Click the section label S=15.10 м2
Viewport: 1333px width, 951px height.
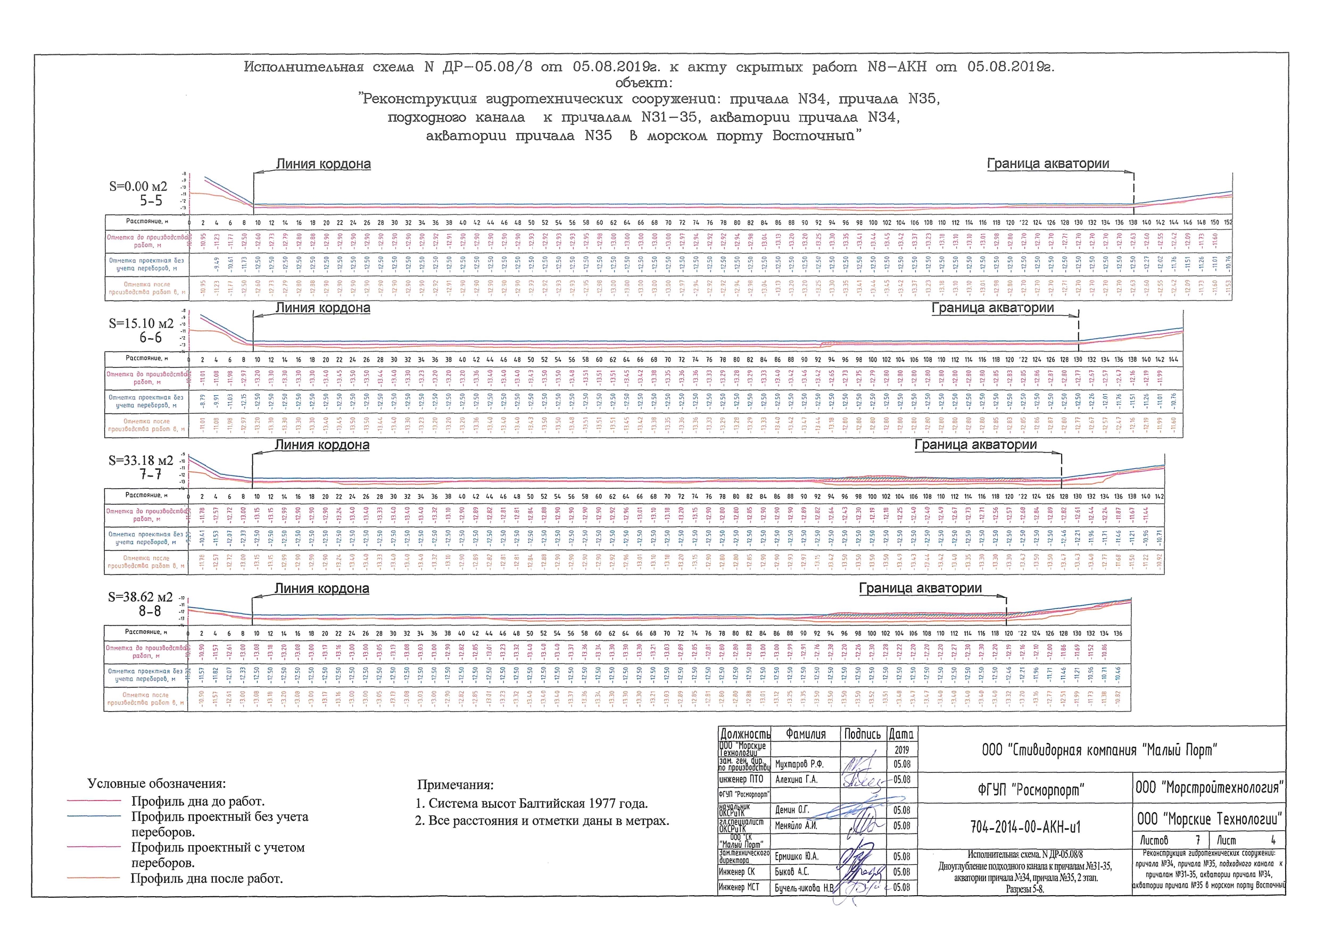(x=141, y=323)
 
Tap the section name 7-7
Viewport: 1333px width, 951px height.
(x=150, y=474)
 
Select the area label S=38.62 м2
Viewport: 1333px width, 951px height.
(x=140, y=597)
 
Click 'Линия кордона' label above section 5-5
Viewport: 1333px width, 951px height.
(x=324, y=164)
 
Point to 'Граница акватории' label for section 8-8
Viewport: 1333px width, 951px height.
(x=920, y=588)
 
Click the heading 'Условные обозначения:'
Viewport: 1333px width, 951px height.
(x=156, y=783)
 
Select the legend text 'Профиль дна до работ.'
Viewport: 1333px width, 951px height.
(x=198, y=801)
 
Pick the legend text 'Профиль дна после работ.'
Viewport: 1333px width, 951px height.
(x=206, y=878)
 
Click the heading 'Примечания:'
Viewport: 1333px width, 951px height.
(x=456, y=785)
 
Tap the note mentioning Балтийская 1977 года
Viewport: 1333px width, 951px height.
(x=532, y=804)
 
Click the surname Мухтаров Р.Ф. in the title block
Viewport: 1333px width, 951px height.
(x=799, y=764)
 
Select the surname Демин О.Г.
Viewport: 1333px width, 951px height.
(x=792, y=810)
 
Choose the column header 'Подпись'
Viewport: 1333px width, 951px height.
(x=862, y=734)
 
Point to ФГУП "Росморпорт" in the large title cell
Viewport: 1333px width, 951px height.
(x=1031, y=790)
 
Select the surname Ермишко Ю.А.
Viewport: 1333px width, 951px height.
(x=796, y=856)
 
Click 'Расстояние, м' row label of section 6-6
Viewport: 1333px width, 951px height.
(x=146, y=358)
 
